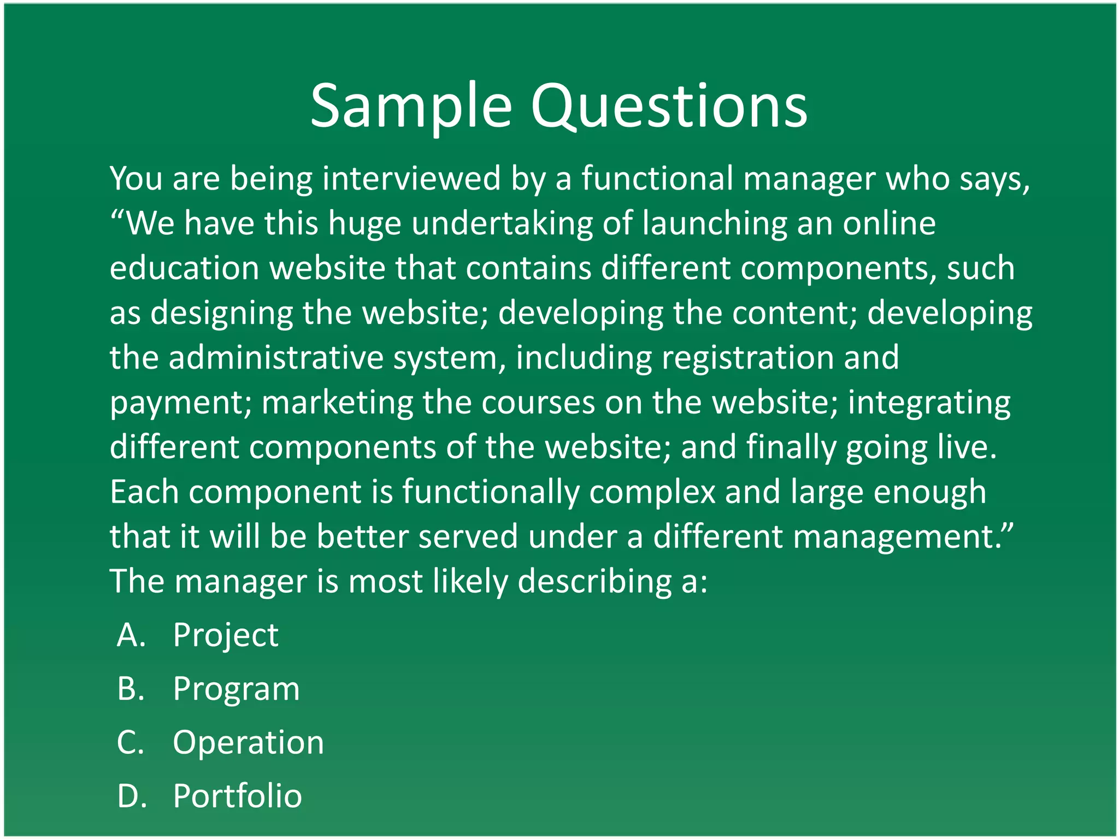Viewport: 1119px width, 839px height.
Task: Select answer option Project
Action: (x=225, y=635)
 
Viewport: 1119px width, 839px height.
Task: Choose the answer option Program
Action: (x=236, y=688)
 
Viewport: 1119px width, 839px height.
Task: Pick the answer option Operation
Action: (x=248, y=742)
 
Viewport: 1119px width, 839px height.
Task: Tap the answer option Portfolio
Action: (x=237, y=796)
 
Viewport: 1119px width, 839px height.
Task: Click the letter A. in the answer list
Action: (x=132, y=635)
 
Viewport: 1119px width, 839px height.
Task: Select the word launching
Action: (x=714, y=223)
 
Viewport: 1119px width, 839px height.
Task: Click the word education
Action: (x=184, y=268)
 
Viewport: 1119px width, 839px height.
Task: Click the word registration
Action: (x=747, y=358)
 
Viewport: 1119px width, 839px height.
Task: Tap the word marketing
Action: (x=337, y=403)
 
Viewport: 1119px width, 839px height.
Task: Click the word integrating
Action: (x=929, y=403)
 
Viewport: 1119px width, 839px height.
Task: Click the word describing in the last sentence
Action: (x=594, y=581)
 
